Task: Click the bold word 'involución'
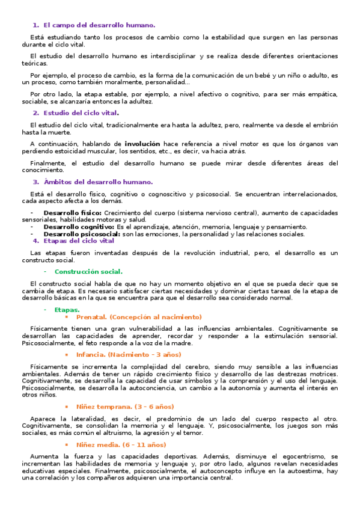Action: click(142, 144)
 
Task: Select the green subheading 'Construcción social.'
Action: click(88, 271)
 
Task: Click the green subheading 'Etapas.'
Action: click(67, 310)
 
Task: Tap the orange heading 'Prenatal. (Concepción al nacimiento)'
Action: click(139, 316)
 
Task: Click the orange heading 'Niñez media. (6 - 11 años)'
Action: click(121, 444)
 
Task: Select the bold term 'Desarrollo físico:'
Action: click(72, 213)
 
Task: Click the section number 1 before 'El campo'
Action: click(35, 25)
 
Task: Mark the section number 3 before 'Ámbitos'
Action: click(35, 182)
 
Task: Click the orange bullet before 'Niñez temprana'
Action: click(67, 407)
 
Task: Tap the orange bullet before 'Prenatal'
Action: click(67, 317)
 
